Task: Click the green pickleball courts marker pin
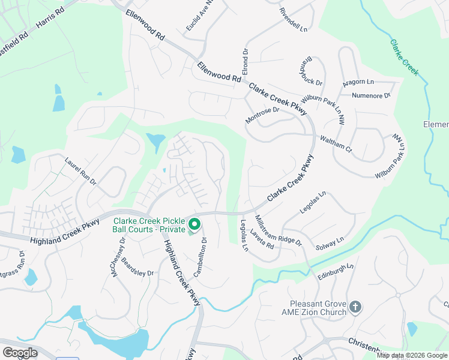pos(194,225)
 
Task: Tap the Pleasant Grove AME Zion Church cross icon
pos(355,308)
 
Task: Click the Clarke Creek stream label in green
pos(404,58)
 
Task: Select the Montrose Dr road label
pos(262,116)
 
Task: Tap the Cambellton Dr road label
pos(200,257)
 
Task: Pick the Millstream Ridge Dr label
pos(277,230)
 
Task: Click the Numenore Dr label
pos(371,95)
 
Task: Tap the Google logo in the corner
pos(20,352)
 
